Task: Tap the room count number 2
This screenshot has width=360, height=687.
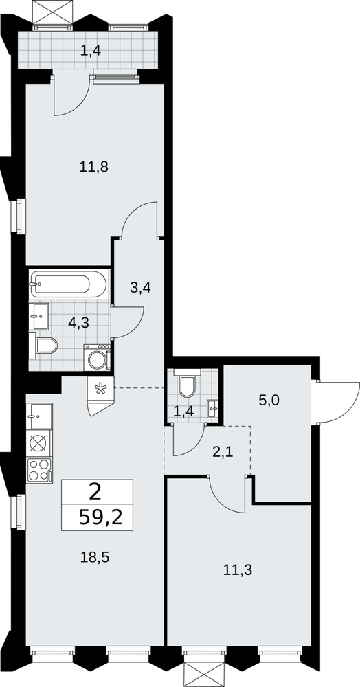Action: tap(95, 493)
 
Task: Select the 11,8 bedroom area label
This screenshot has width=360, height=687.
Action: tap(93, 166)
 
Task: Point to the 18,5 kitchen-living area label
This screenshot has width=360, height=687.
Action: tap(94, 557)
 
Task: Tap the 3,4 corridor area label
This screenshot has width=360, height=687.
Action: tap(141, 288)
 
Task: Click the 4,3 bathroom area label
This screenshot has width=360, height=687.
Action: tap(79, 324)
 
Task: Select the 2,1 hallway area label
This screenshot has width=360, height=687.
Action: tap(222, 452)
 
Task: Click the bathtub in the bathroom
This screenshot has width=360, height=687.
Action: tap(69, 284)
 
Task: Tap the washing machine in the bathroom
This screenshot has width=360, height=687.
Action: tap(98, 357)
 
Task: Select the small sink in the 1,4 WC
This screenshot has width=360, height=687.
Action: tap(213, 409)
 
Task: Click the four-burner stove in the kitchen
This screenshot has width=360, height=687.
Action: tap(39, 470)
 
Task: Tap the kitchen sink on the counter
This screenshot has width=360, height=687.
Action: tap(39, 416)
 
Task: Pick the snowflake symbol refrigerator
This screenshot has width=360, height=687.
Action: tap(101, 387)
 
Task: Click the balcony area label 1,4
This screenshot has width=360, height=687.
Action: tap(91, 51)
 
